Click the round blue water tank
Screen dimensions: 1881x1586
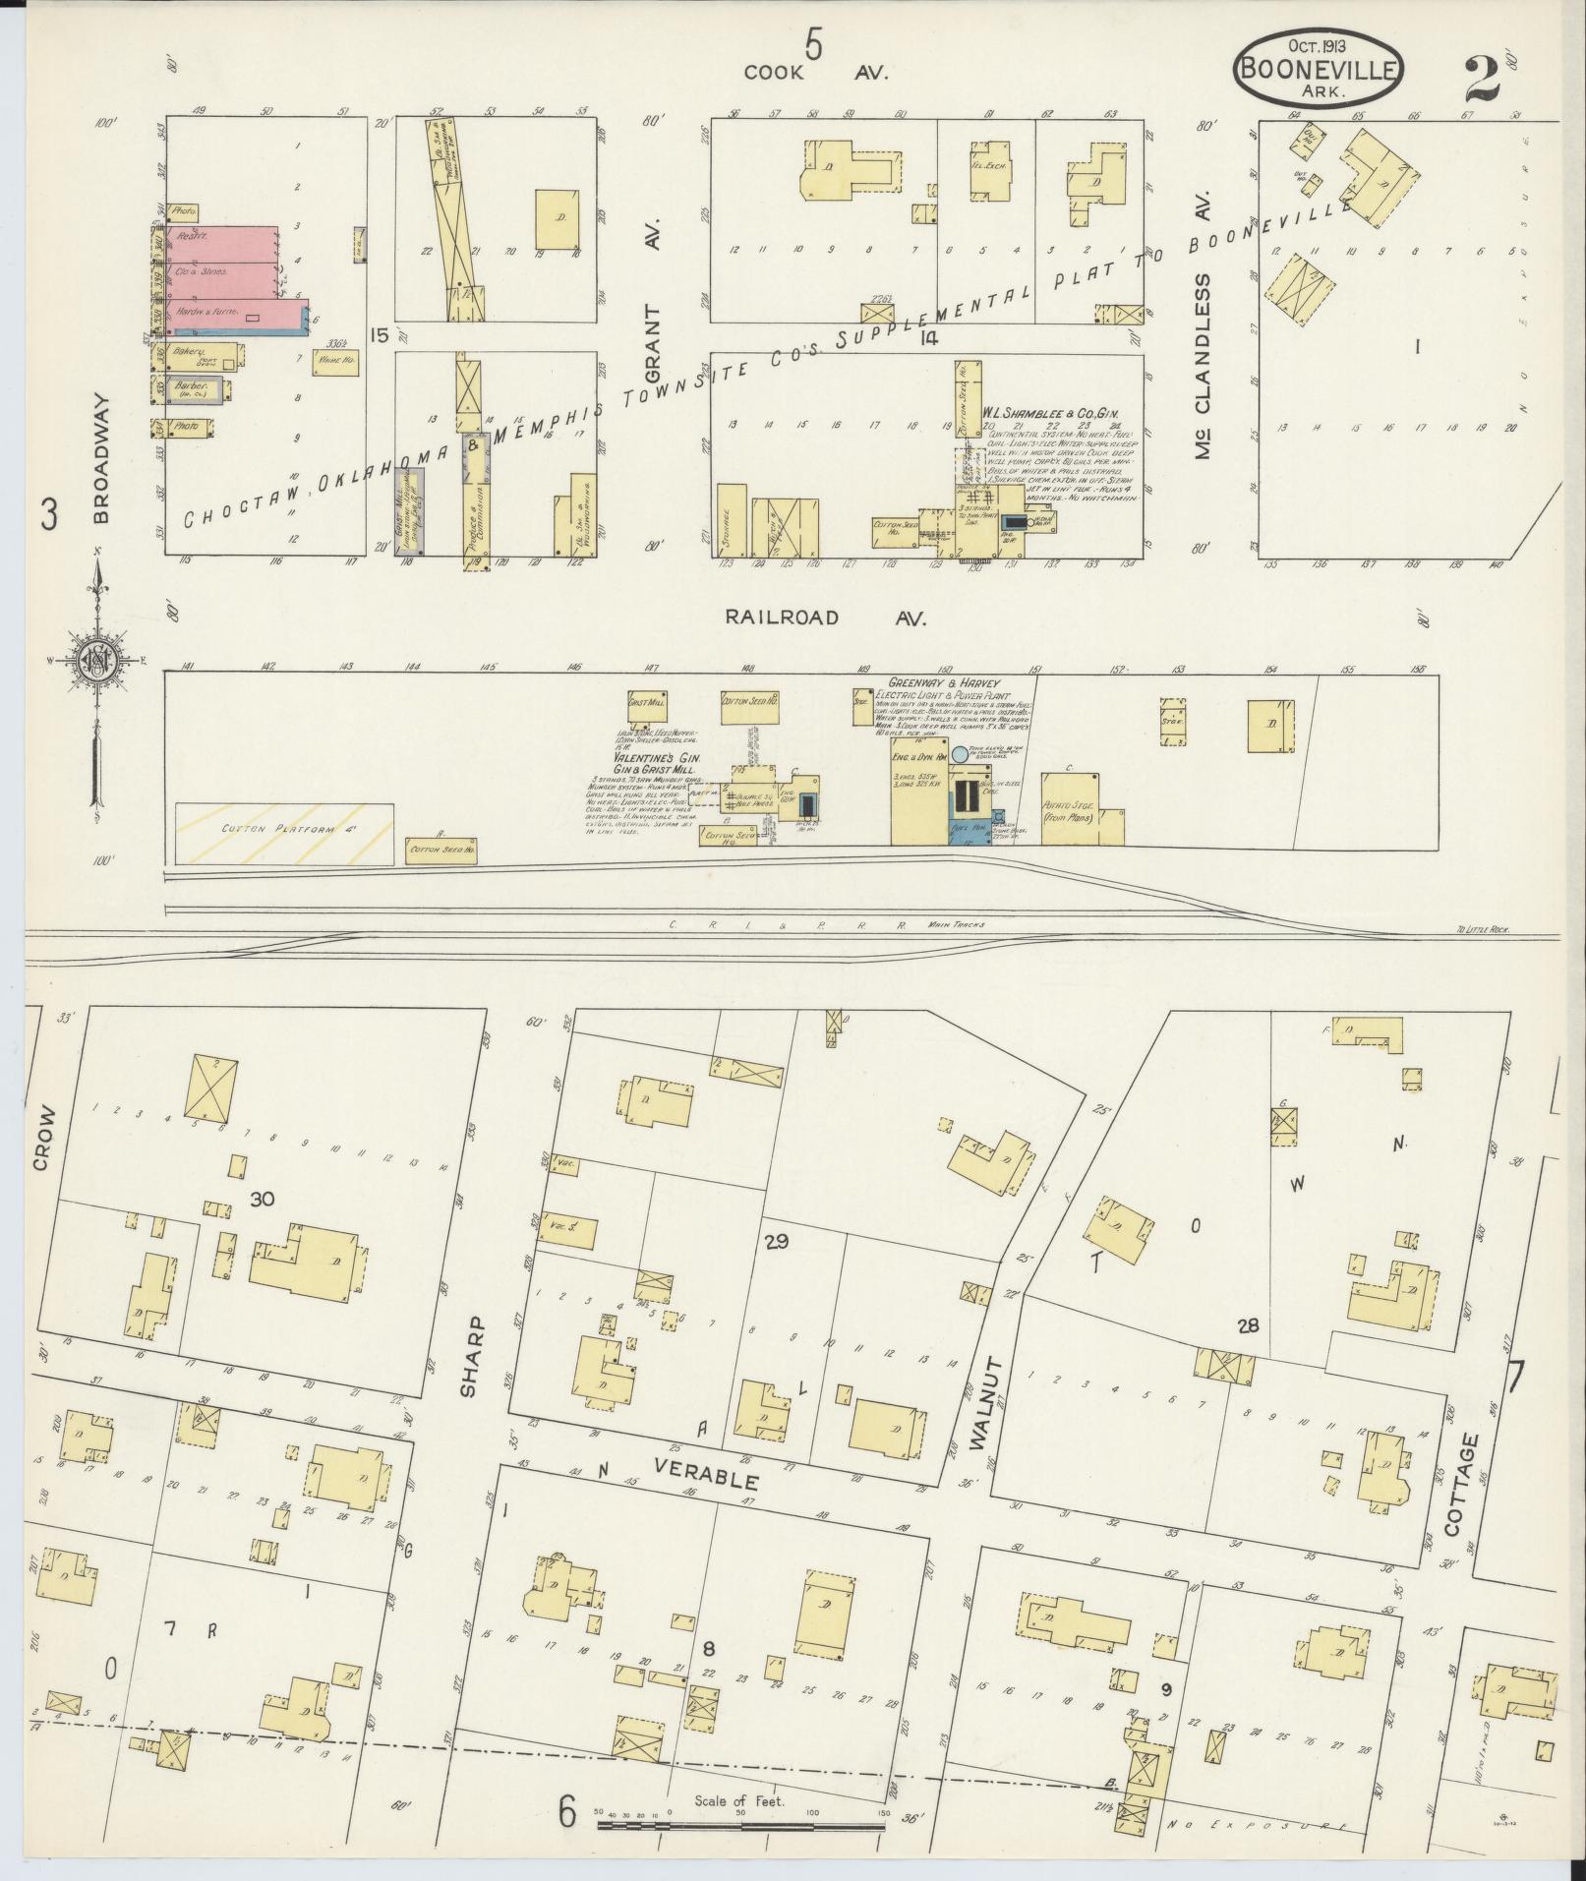[960, 753]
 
